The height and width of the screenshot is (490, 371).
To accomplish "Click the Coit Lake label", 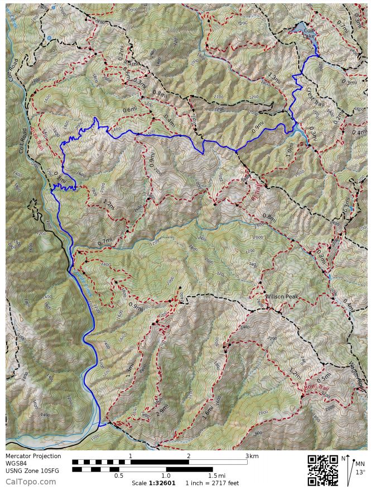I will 309,34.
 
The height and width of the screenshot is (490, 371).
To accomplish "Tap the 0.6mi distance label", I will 129,110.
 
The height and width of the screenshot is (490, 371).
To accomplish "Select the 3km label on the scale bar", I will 252,456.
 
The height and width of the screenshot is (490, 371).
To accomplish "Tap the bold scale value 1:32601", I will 162,483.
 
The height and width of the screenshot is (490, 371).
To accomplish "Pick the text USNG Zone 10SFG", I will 32,470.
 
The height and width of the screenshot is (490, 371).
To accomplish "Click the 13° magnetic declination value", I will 361,472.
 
